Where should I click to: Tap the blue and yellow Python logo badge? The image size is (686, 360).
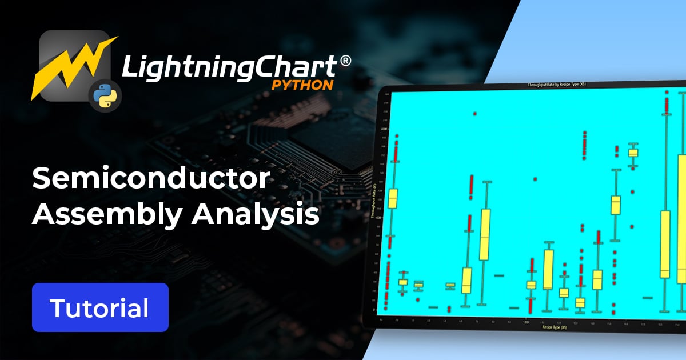(103, 95)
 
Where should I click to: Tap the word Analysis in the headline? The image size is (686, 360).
(256, 215)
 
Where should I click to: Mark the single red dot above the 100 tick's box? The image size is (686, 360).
(535, 179)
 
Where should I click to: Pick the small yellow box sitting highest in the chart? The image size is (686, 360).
(633, 153)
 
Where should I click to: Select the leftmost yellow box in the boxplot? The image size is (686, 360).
(392, 198)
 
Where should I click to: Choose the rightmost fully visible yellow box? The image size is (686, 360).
(665, 244)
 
